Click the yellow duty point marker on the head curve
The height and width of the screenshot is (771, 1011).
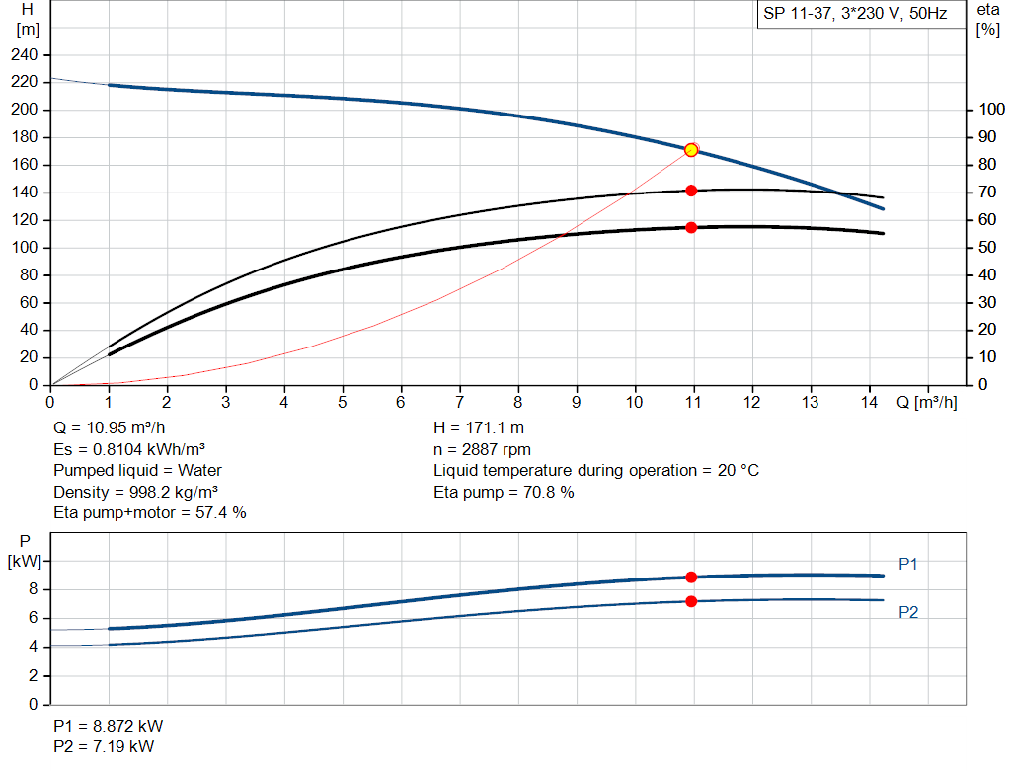(x=691, y=150)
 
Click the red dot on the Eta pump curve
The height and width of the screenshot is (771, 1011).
(x=691, y=191)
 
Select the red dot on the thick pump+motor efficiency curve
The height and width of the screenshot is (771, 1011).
(x=691, y=228)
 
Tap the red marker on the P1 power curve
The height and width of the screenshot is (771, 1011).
(x=691, y=578)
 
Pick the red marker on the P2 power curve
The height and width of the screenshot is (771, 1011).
(x=691, y=601)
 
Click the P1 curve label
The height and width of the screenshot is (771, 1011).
(x=908, y=564)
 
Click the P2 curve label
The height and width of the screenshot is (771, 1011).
(x=908, y=613)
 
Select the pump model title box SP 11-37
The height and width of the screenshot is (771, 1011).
(x=855, y=15)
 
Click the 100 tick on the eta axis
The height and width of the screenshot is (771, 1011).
(x=989, y=110)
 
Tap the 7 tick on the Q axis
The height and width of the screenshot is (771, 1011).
(x=459, y=402)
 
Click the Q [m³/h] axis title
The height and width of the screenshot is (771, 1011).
(x=928, y=402)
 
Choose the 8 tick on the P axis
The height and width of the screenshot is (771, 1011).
(x=33, y=589)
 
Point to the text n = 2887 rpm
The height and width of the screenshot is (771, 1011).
(x=482, y=449)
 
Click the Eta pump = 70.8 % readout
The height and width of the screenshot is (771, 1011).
(x=504, y=492)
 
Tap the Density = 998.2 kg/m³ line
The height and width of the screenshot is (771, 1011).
(x=136, y=492)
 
